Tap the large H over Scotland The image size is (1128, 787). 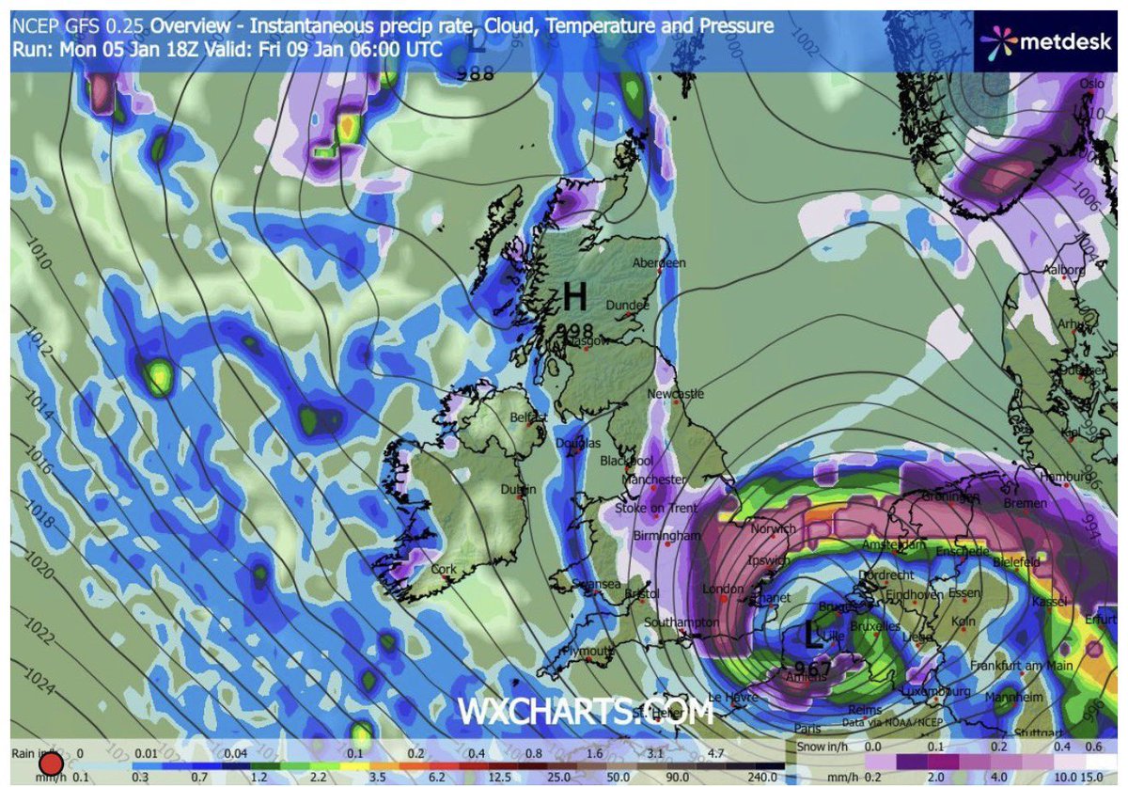(x=574, y=298)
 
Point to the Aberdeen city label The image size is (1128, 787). (x=660, y=263)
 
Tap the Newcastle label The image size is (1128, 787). (x=675, y=394)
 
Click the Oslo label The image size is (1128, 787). (x=1091, y=83)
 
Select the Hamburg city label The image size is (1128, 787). (x=1062, y=477)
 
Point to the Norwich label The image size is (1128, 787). (x=773, y=529)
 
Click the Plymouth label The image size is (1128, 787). (x=588, y=651)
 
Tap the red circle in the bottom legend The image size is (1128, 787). (x=52, y=763)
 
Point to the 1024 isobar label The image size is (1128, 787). (x=35, y=677)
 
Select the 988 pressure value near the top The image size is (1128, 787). (x=475, y=72)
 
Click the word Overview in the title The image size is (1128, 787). (x=189, y=26)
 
